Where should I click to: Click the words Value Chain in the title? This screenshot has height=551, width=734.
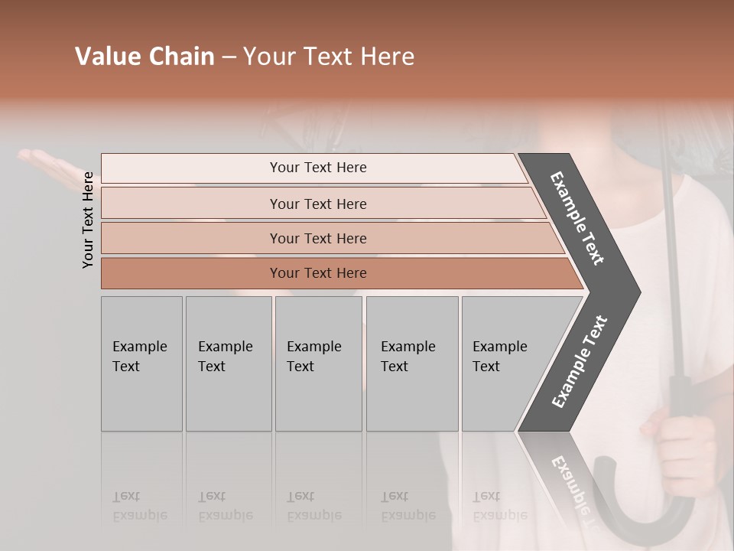point(145,57)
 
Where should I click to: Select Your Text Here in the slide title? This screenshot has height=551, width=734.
point(329,57)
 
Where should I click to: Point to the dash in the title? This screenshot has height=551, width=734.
point(229,57)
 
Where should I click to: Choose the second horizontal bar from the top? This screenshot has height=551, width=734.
point(317,204)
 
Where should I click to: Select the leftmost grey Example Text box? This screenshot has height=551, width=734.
point(141,364)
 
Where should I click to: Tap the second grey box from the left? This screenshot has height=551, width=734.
point(229,364)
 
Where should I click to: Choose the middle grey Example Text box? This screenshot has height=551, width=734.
point(318,364)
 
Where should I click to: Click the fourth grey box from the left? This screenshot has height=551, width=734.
point(412,364)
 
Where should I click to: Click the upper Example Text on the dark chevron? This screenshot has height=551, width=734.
point(577,218)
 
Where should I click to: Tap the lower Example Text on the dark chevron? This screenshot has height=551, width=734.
point(579,362)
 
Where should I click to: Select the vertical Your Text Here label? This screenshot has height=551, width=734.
point(88,220)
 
